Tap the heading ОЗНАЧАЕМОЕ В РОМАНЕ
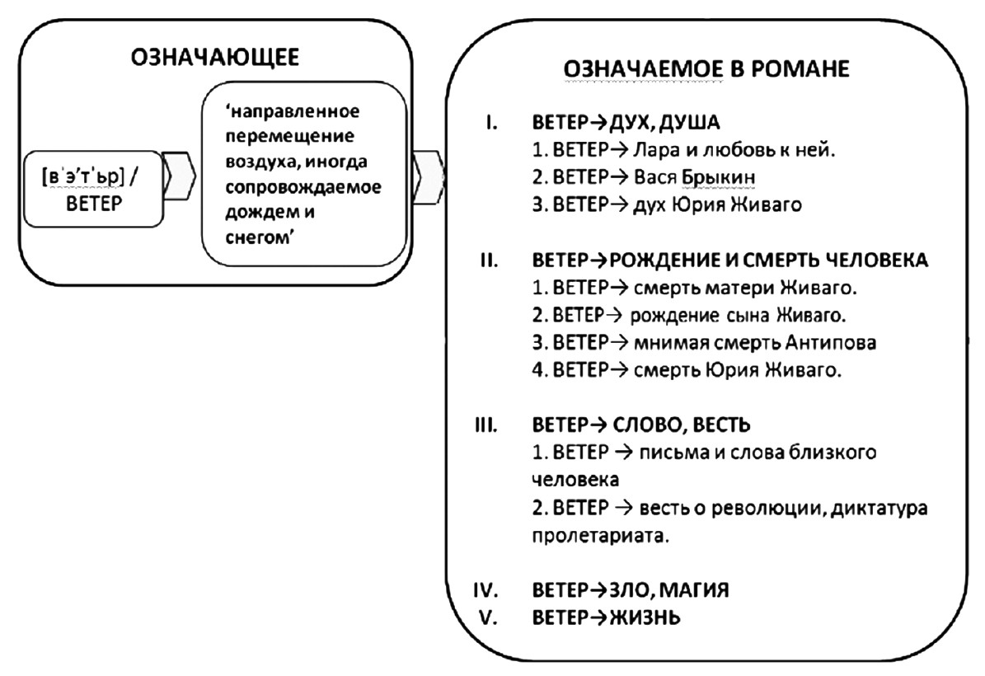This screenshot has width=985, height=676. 706,70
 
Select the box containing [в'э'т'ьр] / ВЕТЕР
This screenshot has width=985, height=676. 92,189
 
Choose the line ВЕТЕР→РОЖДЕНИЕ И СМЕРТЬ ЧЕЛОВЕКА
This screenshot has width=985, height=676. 730,261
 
